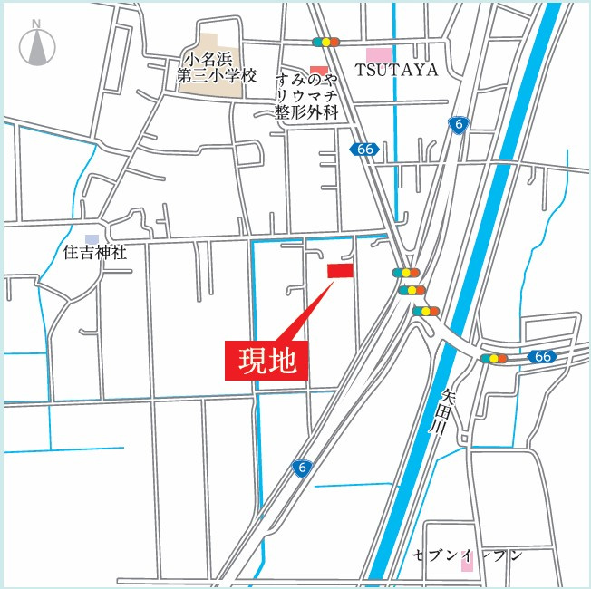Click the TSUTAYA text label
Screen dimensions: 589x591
pos(396,70)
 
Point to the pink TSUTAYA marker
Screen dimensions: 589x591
pos(378,55)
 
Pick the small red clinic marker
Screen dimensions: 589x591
pos(318,70)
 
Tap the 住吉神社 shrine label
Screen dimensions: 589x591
pos(95,251)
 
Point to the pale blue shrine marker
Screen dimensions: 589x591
pos(92,237)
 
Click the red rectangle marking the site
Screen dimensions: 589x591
pos(340,270)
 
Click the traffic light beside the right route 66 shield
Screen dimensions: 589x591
pos(494,358)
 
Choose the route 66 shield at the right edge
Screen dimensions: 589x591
pos(542,356)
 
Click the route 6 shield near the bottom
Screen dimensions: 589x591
pos(303,467)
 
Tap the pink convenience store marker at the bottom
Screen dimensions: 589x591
pos(468,563)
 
